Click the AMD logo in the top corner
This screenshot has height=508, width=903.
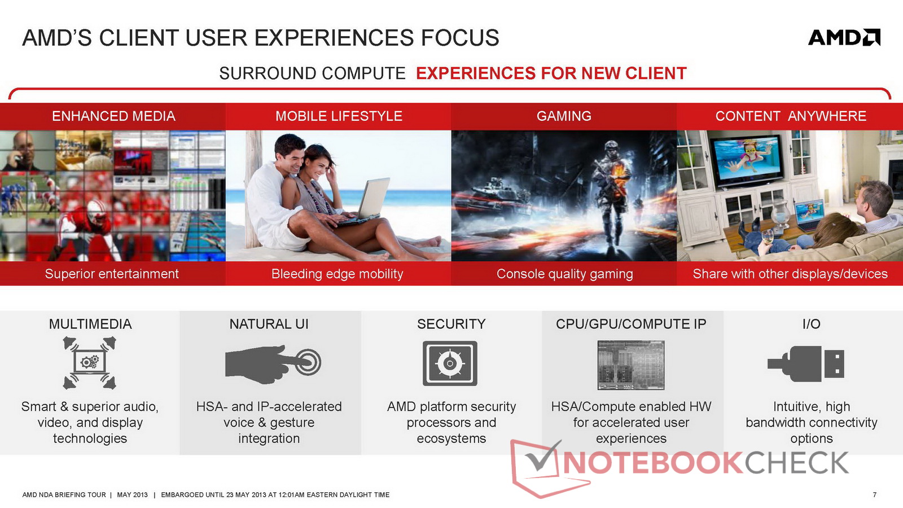(x=844, y=37)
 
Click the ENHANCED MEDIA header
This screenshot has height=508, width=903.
(x=113, y=116)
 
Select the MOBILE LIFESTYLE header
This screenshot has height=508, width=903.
(x=339, y=116)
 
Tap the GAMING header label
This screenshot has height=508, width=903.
(x=564, y=116)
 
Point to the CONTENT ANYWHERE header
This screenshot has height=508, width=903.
(x=791, y=116)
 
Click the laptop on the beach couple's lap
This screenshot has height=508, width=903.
(x=363, y=202)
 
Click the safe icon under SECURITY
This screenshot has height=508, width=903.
(x=450, y=364)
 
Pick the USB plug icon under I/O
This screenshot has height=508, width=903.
(x=806, y=364)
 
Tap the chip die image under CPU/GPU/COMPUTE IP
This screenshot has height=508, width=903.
(x=631, y=365)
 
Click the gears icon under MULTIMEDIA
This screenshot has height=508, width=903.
(x=90, y=362)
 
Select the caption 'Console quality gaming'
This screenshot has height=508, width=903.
(x=564, y=274)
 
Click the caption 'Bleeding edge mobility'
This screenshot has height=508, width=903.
(x=337, y=274)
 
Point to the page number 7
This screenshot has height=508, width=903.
(x=874, y=494)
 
